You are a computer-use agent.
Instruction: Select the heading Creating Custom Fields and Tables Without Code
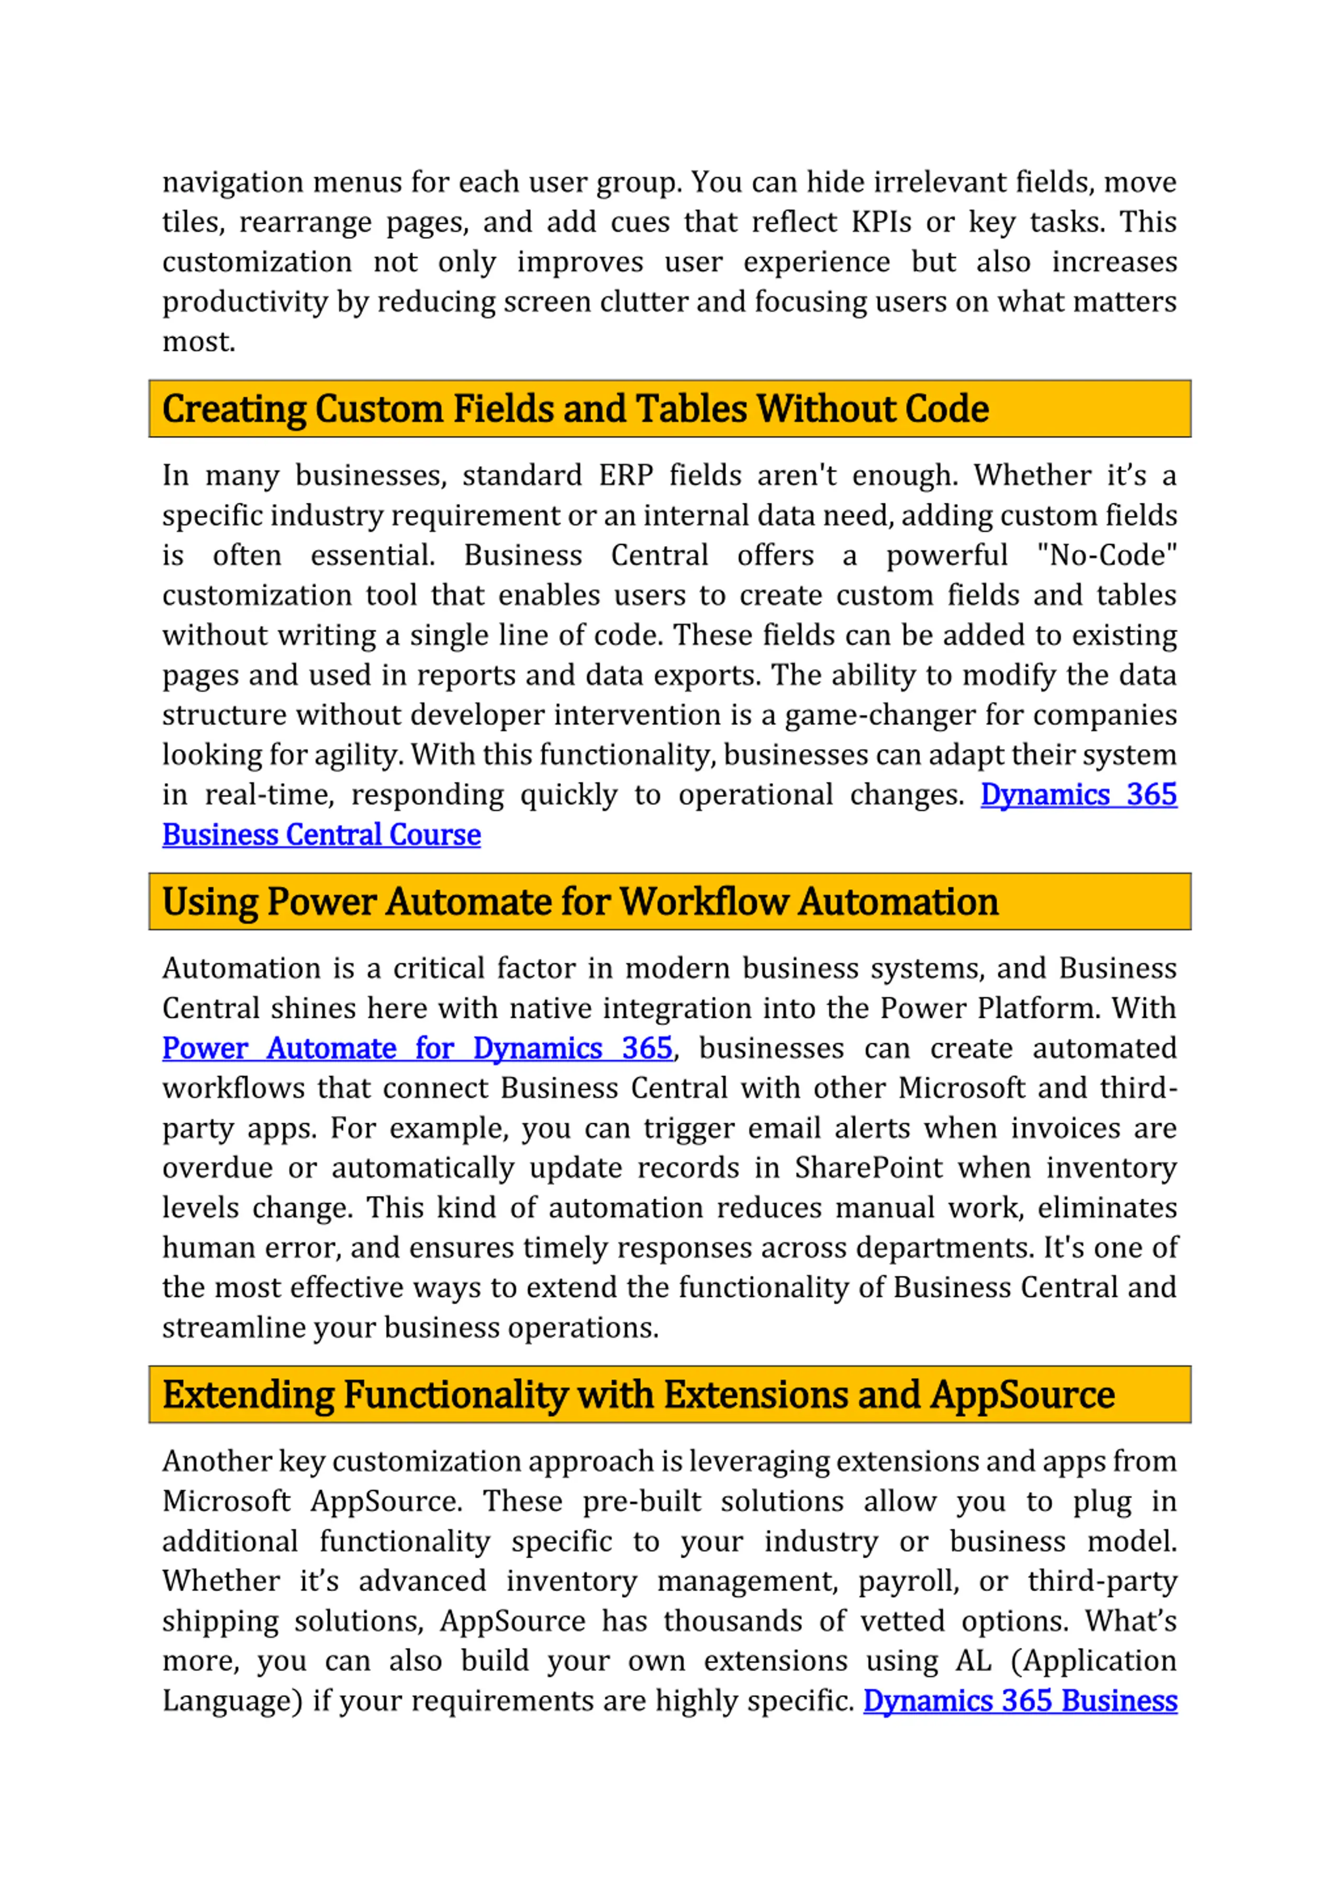pyautogui.click(x=575, y=409)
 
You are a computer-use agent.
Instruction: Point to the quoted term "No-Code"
pyautogui.click(x=1107, y=555)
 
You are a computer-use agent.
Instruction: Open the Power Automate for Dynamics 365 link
pyautogui.click(x=417, y=1049)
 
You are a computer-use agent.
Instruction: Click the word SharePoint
pyautogui.click(x=868, y=1169)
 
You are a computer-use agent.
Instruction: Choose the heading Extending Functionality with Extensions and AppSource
pyautogui.click(x=638, y=1395)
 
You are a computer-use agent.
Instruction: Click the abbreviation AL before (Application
pyautogui.click(x=973, y=1661)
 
